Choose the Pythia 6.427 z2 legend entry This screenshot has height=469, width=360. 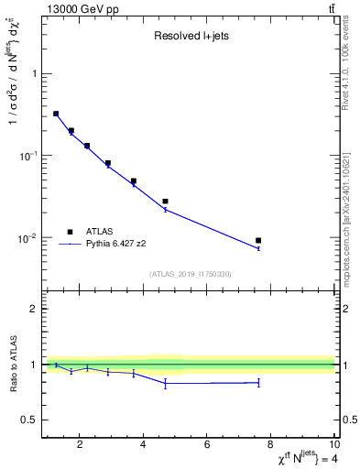pyautogui.click(x=125, y=245)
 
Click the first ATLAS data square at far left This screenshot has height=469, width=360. pyautogui.click(x=56, y=114)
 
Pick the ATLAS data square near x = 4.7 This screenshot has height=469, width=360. pyautogui.click(x=166, y=202)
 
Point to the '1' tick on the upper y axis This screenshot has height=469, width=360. pyautogui.click(x=34, y=74)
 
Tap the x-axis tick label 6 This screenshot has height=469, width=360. pyautogui.click(x=208, y=446)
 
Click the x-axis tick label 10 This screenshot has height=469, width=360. pyautogui.click(x=334, y=446)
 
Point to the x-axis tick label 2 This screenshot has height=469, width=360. pyautogui.click(x=81, y=446)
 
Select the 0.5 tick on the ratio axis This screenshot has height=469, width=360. pyautogui.click(x=29, y=420)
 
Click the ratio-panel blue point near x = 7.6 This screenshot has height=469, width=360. pyautogui.click(x=258, y=383)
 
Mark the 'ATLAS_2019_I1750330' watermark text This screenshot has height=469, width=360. pyautogui.click(x=189, y=274)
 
